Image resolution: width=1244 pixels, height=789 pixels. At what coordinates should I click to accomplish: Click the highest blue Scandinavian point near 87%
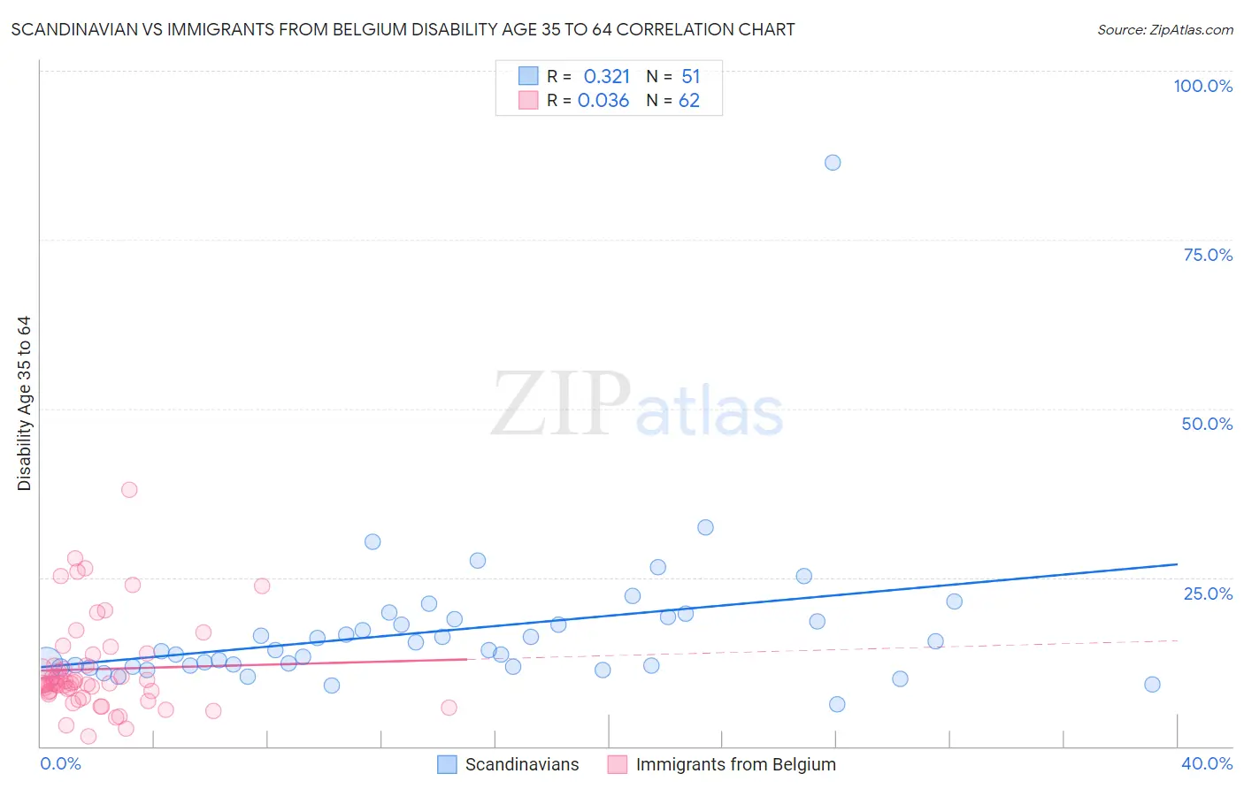click(833, 163)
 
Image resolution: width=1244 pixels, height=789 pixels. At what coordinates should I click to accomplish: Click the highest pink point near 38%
click(129, 489)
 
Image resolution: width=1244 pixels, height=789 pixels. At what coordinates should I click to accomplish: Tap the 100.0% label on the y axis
click(1202, 86)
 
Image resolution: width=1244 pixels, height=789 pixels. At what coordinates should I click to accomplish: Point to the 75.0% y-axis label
click(1208, 255)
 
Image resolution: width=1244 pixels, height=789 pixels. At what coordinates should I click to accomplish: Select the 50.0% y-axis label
click(1207, 424)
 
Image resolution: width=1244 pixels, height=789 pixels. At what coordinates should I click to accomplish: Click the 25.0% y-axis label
click(1208, 594)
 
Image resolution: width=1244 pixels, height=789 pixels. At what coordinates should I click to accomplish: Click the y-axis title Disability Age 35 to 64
click(24, 403)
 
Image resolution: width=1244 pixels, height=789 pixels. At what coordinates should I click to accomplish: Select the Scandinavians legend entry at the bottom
click(521, 765)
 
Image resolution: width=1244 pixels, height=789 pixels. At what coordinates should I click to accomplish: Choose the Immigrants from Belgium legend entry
click(734, 765)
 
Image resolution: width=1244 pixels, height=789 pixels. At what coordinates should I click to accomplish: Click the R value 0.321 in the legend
click(606, 77)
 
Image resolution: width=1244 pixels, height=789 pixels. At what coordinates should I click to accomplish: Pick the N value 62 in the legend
click(689, 101)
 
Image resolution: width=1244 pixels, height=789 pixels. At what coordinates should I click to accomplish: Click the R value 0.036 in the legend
click(603, 101)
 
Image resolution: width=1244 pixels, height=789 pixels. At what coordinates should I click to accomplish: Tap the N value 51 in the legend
click(690, 77)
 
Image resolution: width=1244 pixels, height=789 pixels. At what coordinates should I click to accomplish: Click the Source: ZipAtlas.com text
click(1164, 30)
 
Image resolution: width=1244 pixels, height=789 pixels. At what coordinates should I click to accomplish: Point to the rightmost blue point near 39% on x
click(1152, 685)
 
